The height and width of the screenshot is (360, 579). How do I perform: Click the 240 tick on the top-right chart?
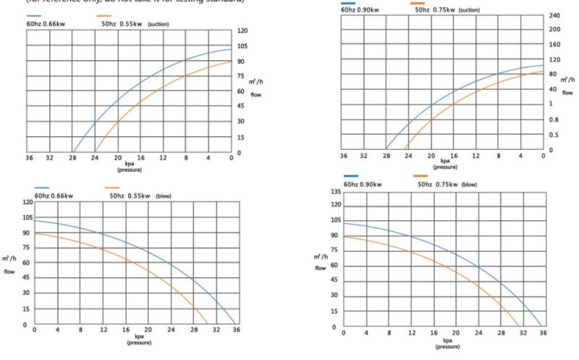pos(554,15)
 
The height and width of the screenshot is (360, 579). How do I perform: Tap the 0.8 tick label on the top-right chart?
pos(554,120)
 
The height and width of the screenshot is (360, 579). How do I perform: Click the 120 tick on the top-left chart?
pos(243,31)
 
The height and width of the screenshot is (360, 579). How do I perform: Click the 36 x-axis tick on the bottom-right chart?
pos(542,332)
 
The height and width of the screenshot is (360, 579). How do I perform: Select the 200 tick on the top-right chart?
pos(554,30)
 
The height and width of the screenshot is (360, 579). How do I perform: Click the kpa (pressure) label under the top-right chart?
pos(443,164)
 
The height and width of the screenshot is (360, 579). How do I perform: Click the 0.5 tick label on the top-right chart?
pos(554,135)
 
